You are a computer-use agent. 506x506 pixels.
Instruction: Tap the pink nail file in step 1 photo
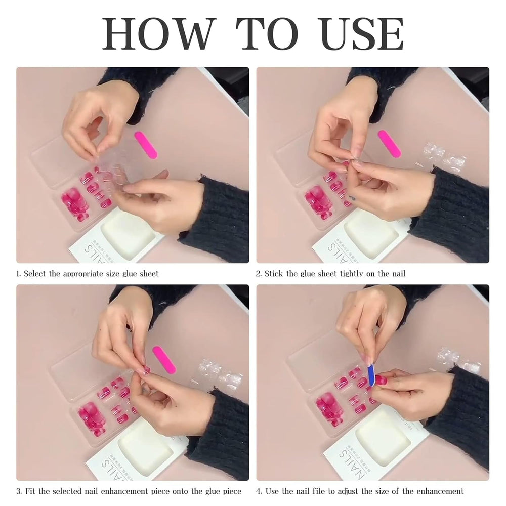pos(146,145)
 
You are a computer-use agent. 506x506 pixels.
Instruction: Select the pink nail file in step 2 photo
pos(390,144)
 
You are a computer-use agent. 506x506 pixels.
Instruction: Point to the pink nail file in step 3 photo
pos(164,359)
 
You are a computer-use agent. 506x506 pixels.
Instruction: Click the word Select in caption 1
pos(35,274)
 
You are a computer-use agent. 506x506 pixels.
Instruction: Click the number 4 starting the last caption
pos(258,491)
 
